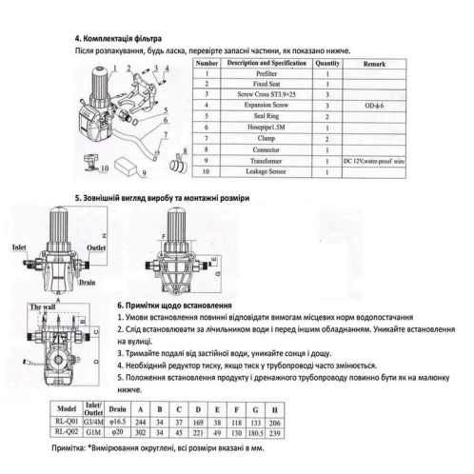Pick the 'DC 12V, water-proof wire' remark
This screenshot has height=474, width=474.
pyautogui.click(x=376, y=161)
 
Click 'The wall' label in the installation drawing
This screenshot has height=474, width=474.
pyautogui.click(x=43, y=307)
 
